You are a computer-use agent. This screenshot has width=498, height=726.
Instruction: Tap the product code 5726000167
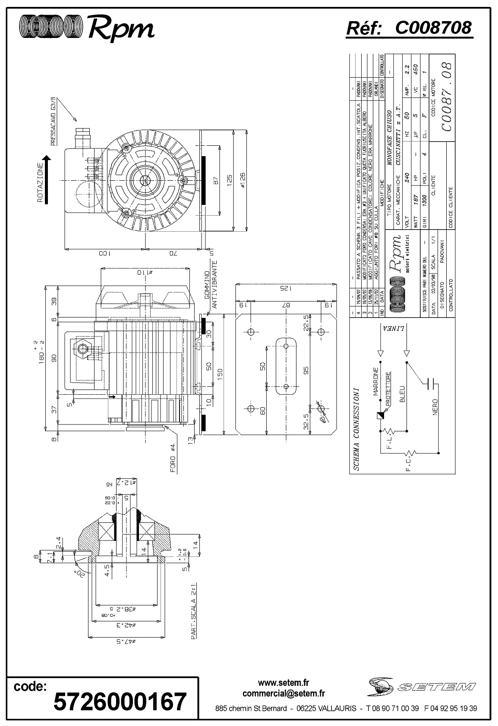point(120,702)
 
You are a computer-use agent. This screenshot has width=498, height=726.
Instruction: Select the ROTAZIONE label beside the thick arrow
point(40,184)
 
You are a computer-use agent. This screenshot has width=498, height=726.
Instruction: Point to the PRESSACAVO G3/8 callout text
point(54,122)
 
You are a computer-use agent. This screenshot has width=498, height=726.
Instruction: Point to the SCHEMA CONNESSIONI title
point(356,427)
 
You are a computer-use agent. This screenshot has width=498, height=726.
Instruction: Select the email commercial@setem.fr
point(284,694)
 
